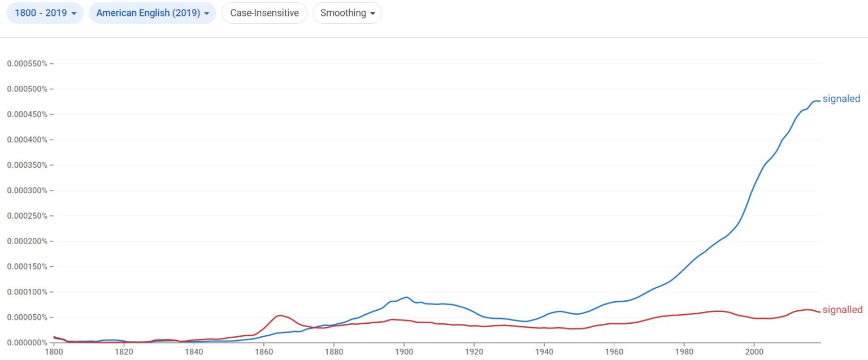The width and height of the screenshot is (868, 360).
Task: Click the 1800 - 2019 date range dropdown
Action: tap(45, 13)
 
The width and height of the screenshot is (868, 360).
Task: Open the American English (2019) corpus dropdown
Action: tap(153, 13)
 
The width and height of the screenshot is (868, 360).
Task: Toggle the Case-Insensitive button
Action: tap(264, 13)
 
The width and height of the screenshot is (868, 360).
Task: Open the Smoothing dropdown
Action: tap(347, 13)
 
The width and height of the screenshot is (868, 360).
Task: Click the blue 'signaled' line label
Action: tap(841, 99)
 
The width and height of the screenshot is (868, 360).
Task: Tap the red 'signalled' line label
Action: tap(842, 310)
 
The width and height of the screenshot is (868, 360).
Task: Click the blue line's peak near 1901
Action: tap(406, 297)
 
